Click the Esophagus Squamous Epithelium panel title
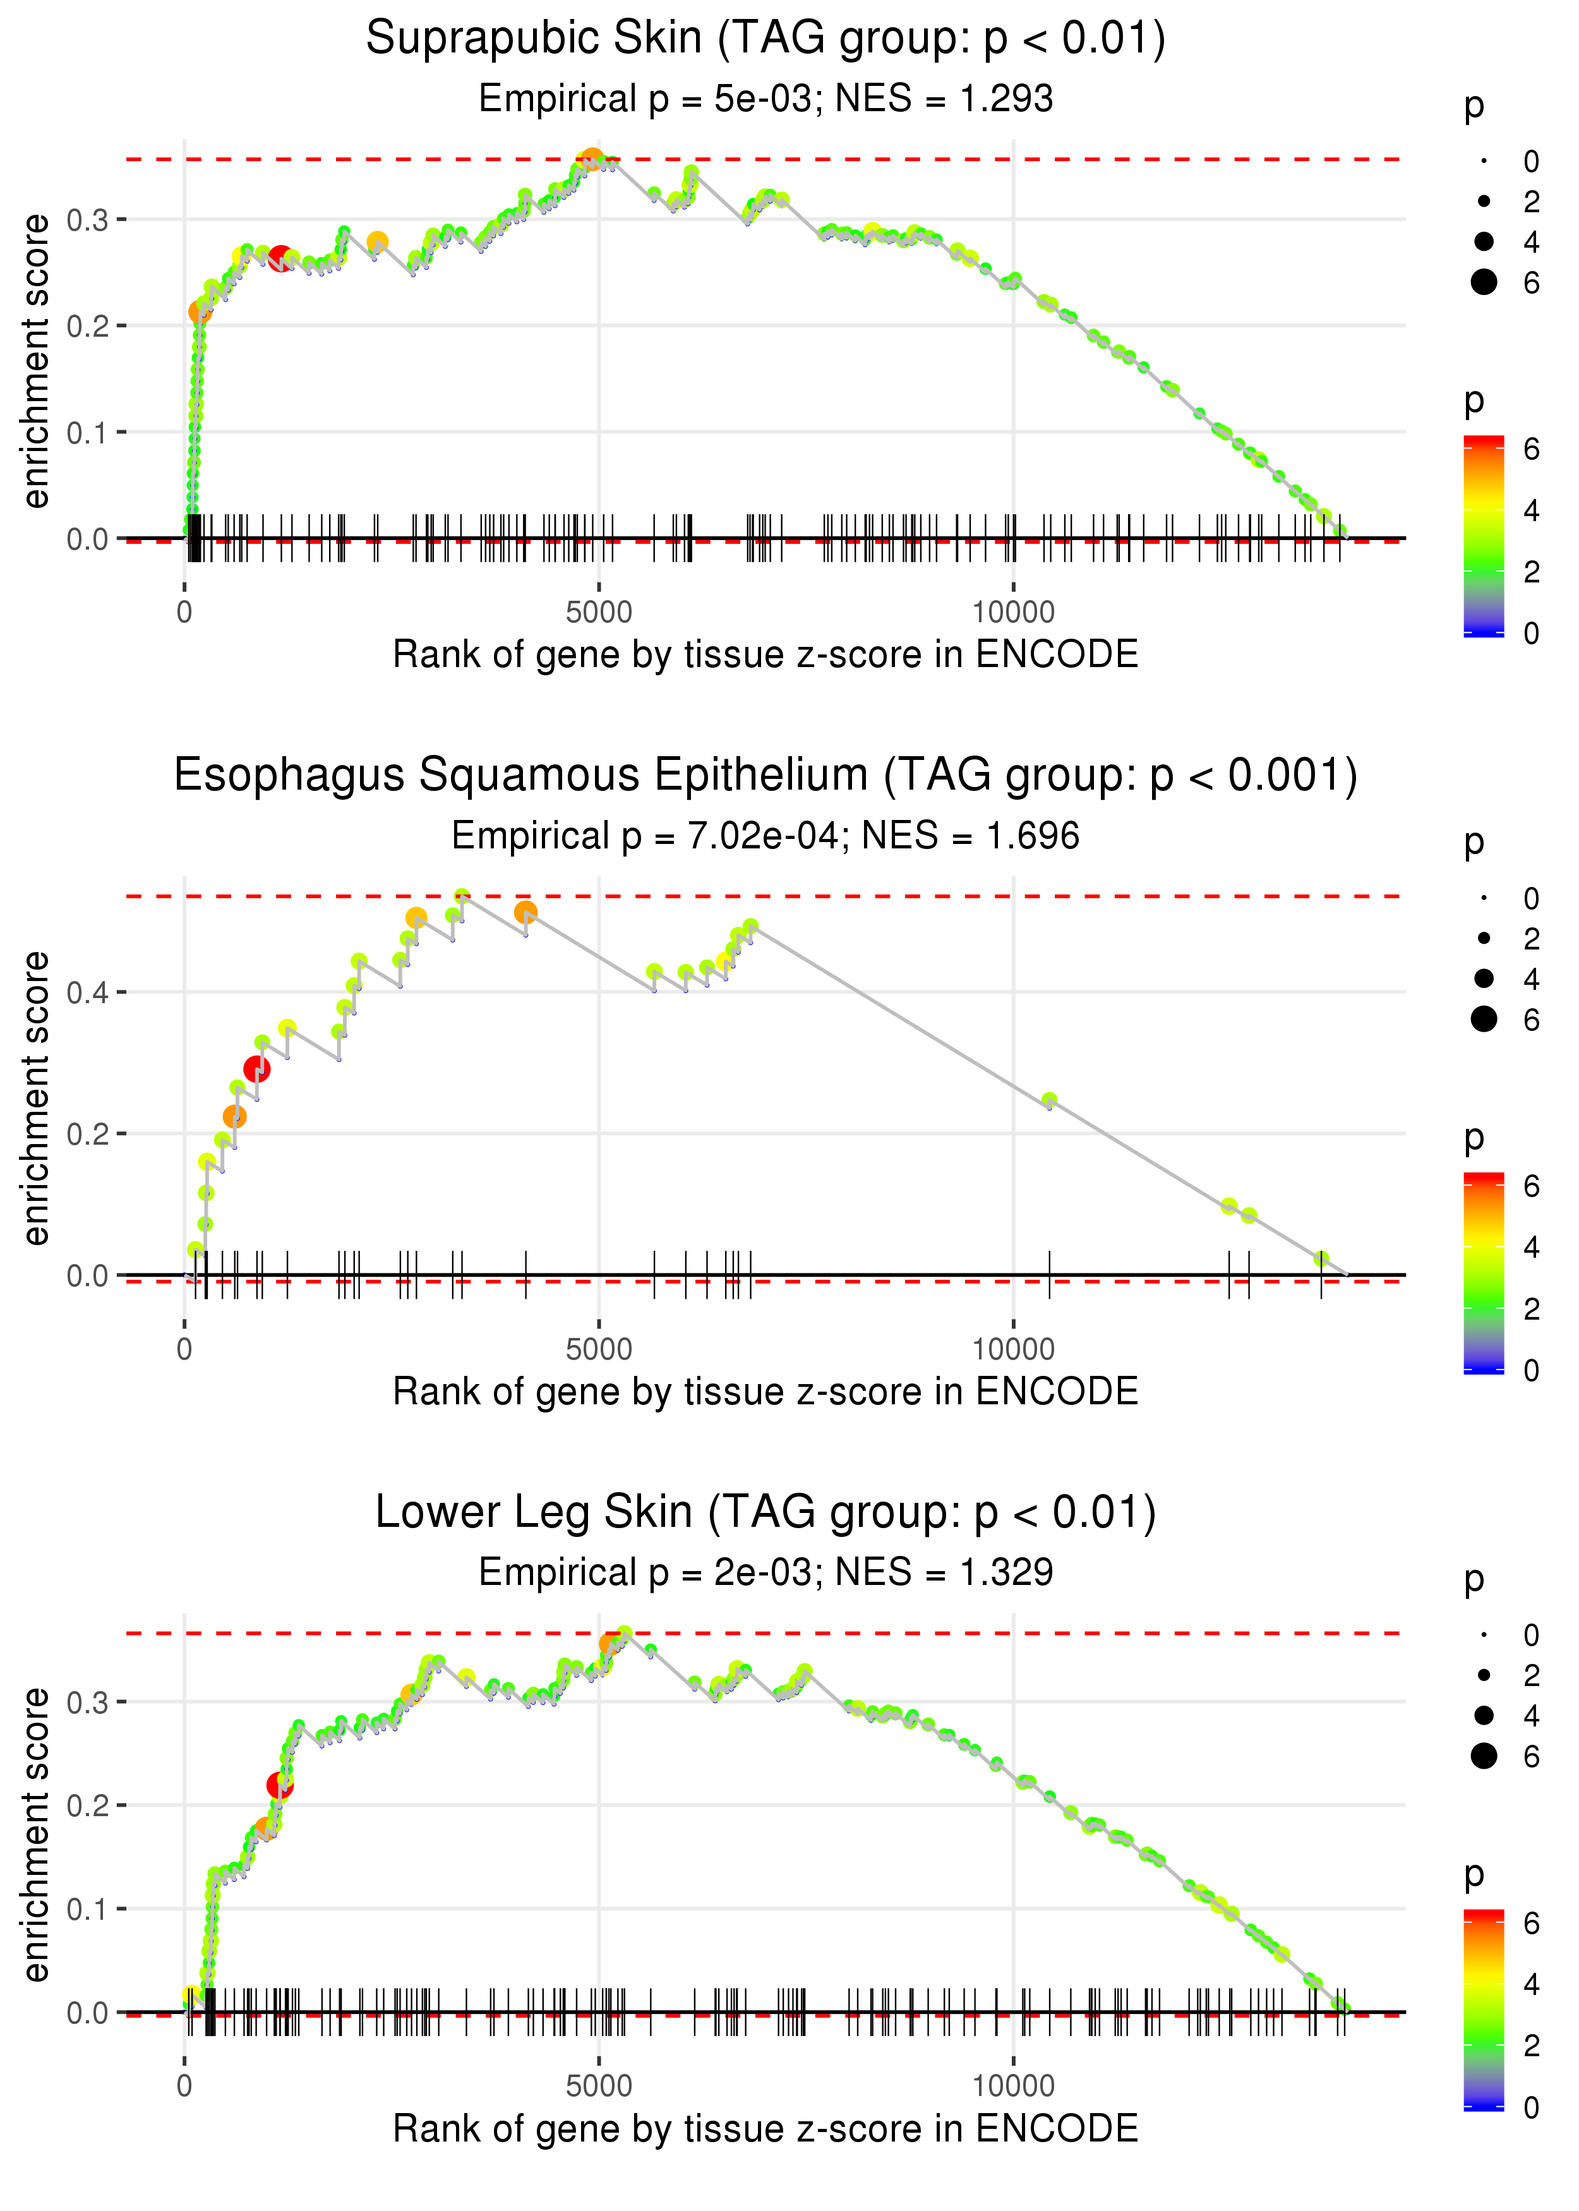pyautogui.click(x=765, y=776)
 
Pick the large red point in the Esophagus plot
pyautogui.click(x=256, y=1069)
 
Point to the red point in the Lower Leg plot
pyautogui.click(x=280, y=1785)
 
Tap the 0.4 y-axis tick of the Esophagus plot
pyautogui.click(x=88, y=992)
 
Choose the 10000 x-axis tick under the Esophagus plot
pyautogui.click(x=1012, y=1349)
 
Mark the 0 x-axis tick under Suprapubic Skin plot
pyautogui.click(x=184, y=613)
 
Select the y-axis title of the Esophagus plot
pyautogui.click(x=36, y=1098)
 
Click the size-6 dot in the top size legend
pyautogui.click(x=1484, y=282)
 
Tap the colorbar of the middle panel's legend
pyautogui.click(x=1483, y=1274)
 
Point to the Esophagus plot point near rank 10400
pyautogui.click(x=1049, y=1100)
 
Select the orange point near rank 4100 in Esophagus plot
pyautogui.click(x=525, y=912)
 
